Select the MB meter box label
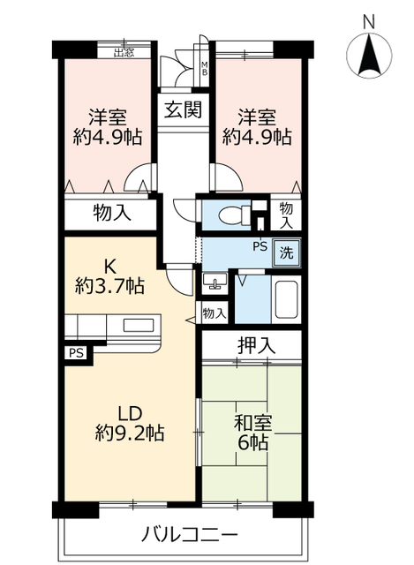(205, 67)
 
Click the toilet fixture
(230, 214)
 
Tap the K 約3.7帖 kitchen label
(112, 275)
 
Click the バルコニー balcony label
(188, 535)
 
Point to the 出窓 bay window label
(123, 50)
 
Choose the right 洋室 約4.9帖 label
(257, 126)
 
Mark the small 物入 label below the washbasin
(214, 312)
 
